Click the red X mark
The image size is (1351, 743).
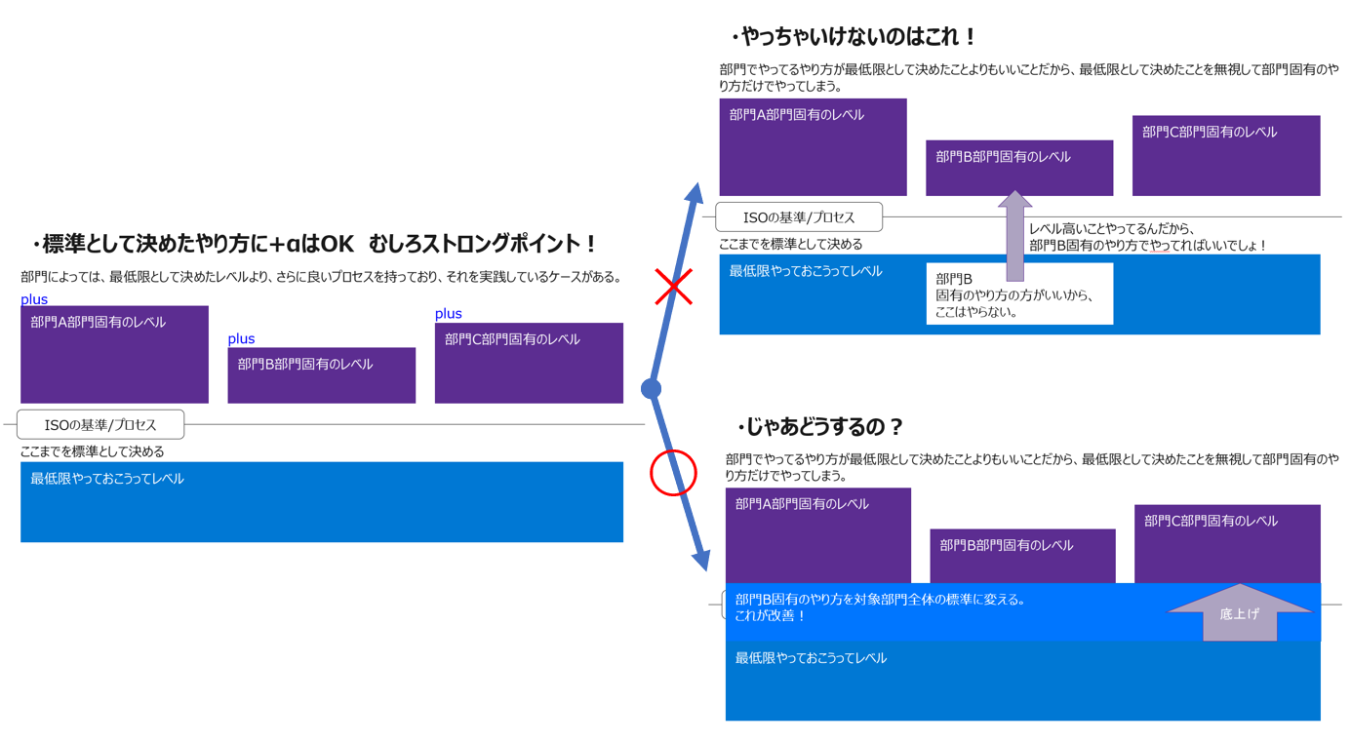(673, 287)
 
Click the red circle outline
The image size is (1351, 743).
(673, 473)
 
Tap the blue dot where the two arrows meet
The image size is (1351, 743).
(651, 389)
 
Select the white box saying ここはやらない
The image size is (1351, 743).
(1018, 293)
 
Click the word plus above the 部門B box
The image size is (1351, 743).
(241, 338)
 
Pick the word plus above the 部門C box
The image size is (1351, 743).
(449, 313)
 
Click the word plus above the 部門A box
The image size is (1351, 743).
(34, 299)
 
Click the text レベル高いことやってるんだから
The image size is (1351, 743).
(1112, 229)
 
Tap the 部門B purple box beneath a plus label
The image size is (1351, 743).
(321, 375)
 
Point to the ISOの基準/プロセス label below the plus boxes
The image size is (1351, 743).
(100, 425)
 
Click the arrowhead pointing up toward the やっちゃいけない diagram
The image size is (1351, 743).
(695, 191)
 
